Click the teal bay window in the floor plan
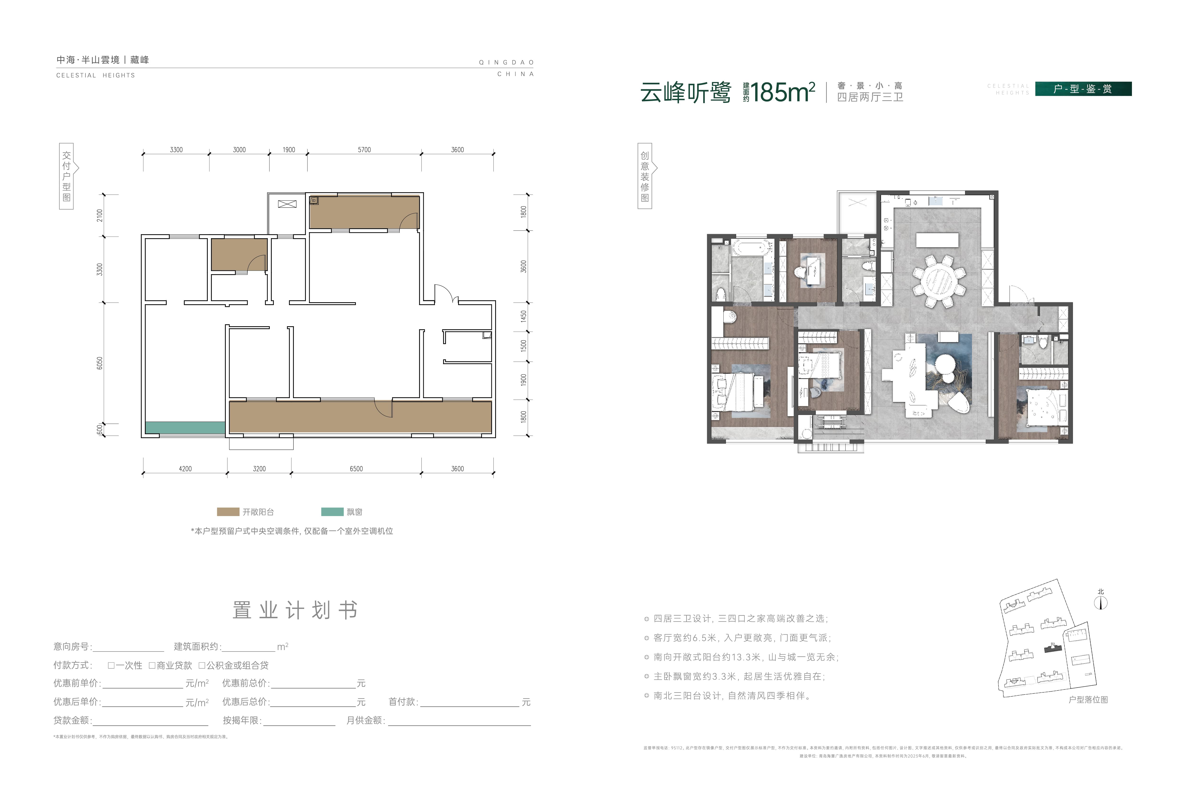click(x=185, y=428)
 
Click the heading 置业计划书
click(x=295, y=610)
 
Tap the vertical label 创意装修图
click(x=644, y=176)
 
